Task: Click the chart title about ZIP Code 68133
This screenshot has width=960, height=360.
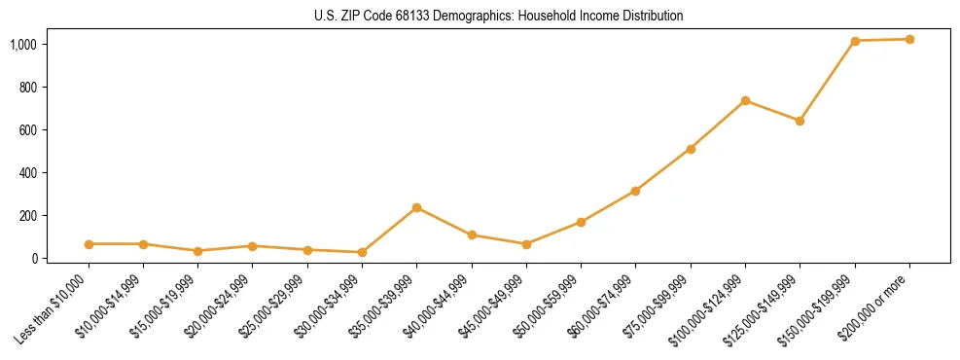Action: pos(498,17)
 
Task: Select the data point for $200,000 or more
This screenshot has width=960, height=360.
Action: pos(909,39)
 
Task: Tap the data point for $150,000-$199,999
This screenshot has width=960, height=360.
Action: pos(855,41)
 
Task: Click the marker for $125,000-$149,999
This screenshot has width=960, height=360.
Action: pos(800,121)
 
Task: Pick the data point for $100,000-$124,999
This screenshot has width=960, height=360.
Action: pos(745,100)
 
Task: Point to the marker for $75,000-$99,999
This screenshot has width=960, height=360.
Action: pos(691,149)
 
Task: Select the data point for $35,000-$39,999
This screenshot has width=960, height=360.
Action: pos(416,207)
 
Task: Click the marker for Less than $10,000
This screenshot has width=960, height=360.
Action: pos(89,244)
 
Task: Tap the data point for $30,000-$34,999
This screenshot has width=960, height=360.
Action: pos(362,252)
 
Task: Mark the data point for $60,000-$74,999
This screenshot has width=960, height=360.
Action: pos(635,191)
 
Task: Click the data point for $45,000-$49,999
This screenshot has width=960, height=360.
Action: pos(526,244)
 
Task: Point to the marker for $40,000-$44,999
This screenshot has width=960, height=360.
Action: pos(472,234)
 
